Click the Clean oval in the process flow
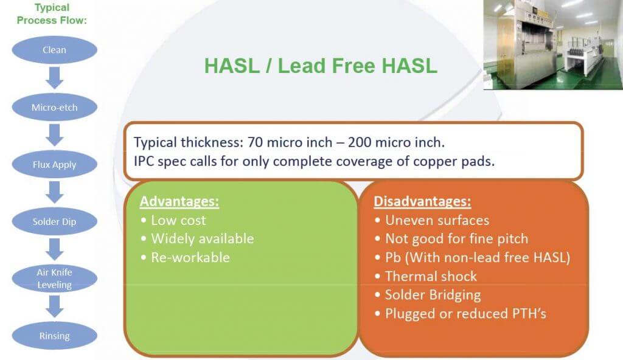(54, 50)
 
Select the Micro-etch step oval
(54, 107)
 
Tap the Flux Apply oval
(54, 165)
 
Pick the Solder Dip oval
(54, 222)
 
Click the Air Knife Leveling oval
(54, 279)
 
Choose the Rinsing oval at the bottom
(54, 336)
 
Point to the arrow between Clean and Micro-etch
(54, 78)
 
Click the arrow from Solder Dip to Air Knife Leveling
(54, 249)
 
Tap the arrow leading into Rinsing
(54, 306)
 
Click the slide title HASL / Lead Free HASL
(321, 66)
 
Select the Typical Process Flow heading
(52, 14)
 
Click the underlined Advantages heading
(179, 201)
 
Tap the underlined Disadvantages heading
(422, 201)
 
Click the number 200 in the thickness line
(360, 142)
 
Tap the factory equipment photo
(553, 44)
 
